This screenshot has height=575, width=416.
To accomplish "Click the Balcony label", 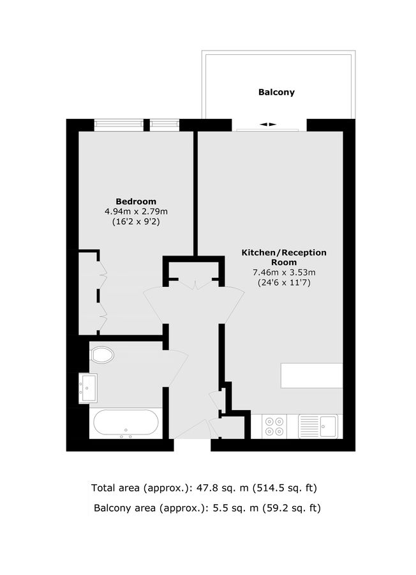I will (x=276, y=92).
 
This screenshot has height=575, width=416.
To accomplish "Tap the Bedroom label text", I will (x=135, y=201).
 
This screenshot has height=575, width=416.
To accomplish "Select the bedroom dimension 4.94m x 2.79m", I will (x=136, y=211).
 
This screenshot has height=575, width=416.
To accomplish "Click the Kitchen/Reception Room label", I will (x=283, y=257).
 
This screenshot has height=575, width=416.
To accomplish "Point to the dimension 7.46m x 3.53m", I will (x=284, y=272).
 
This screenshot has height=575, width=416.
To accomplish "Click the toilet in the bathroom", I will (x=102, y=354).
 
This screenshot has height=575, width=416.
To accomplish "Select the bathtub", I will (x=126, y=423).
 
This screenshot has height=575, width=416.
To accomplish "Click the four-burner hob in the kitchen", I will (x=275, y=426).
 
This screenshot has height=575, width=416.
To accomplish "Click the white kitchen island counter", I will (x=312, y=376).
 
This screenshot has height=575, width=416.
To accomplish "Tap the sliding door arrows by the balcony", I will (x=268, y=124).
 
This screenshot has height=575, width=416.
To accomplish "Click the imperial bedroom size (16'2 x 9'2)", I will (x=136, y=222).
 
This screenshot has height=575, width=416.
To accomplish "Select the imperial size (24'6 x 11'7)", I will (x=284, y=282).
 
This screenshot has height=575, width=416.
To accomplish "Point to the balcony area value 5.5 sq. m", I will (x=227, y=509).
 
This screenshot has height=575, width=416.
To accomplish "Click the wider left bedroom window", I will (x=118, y=125).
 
